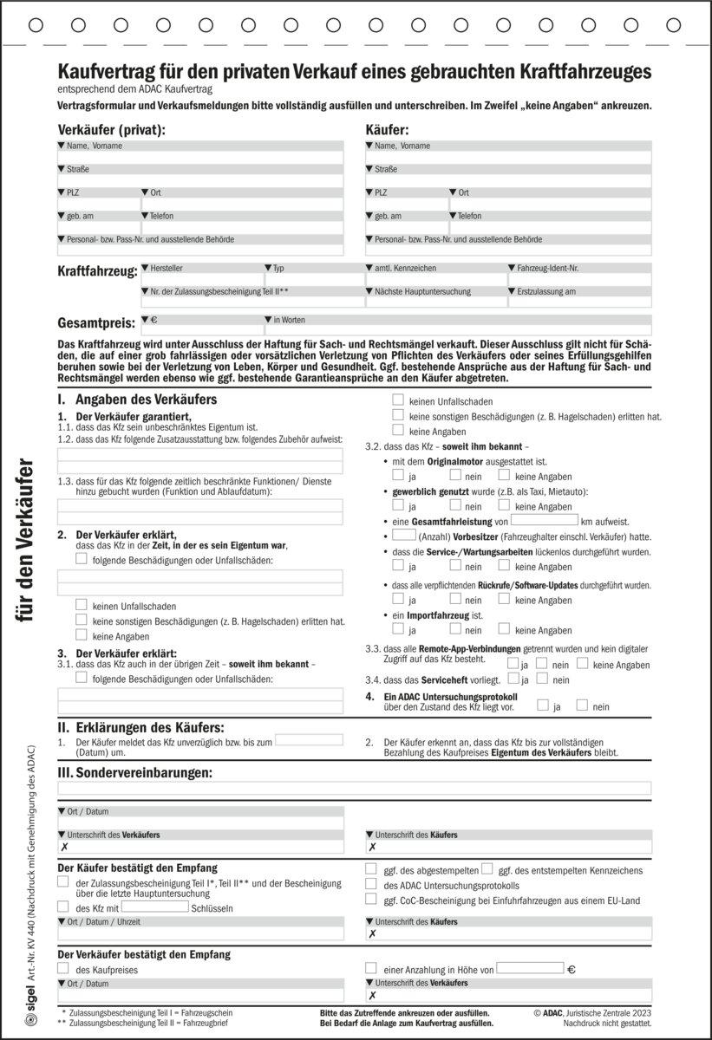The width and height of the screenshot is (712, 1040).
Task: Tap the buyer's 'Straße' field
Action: [x=507, y=180]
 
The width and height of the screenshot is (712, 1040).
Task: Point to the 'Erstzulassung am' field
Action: [x=578, y=302]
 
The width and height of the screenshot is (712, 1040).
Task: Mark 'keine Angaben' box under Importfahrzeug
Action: [x=504, y=629]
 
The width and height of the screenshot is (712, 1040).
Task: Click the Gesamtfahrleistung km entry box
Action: [x=544, y=520]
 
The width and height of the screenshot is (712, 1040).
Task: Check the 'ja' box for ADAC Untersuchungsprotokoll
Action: [x=543, y=705]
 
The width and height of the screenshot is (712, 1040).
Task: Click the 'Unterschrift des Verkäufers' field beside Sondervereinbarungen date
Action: [x=199, y=847]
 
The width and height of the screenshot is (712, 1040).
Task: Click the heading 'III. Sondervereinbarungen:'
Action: [x=145, y=771]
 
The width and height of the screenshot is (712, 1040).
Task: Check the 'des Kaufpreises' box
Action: [x=62, y=968]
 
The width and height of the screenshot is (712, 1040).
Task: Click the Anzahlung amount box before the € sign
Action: [x=529, y=968]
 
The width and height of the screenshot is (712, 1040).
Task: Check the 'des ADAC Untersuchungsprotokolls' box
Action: [x=371, y=884]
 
